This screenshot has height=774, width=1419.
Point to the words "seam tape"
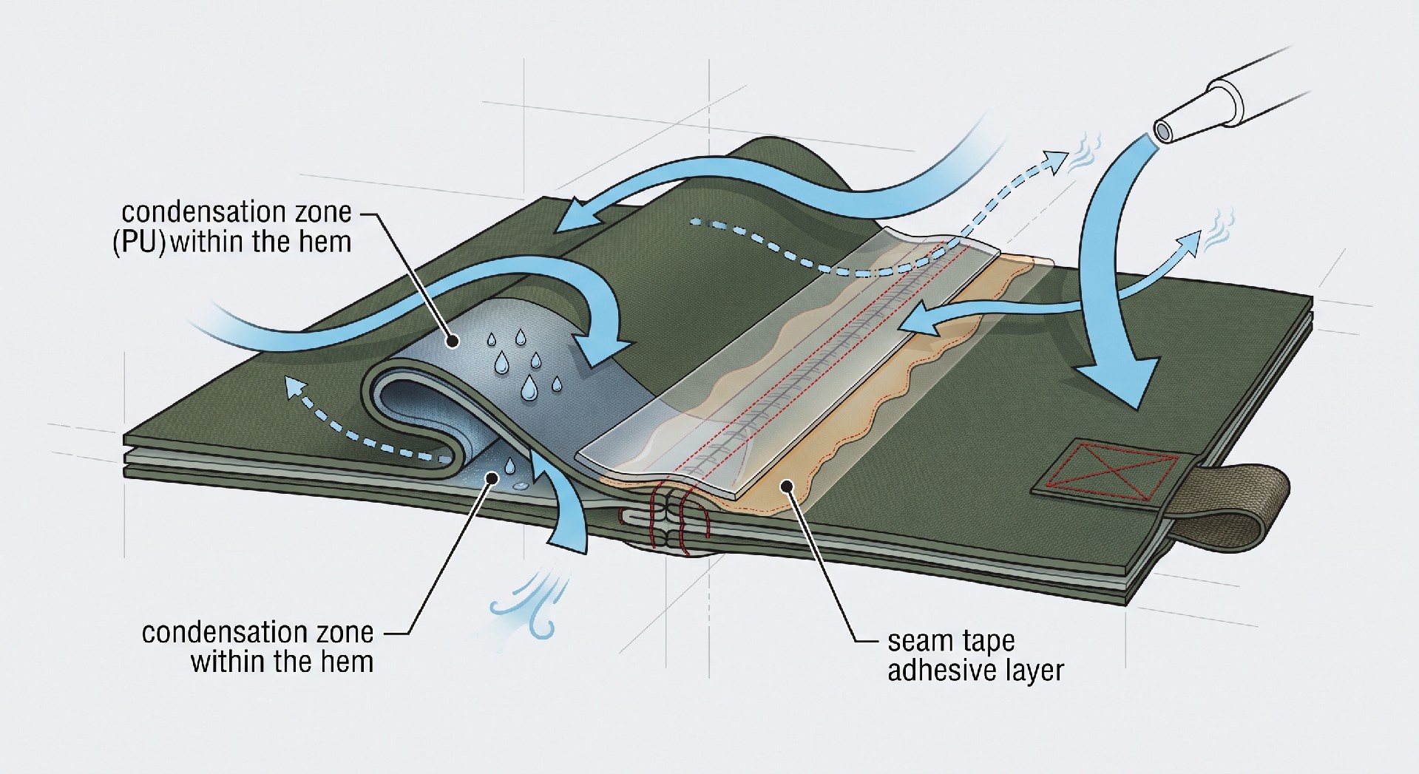click(x=951, y=640)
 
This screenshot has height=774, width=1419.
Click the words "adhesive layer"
click(x=975, y=671)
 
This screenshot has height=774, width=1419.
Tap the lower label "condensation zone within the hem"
click(x=257, y=647)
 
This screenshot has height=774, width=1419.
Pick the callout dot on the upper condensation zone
click(x=453, y=341)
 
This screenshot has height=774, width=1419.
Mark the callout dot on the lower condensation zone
click(x=488, y=480)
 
